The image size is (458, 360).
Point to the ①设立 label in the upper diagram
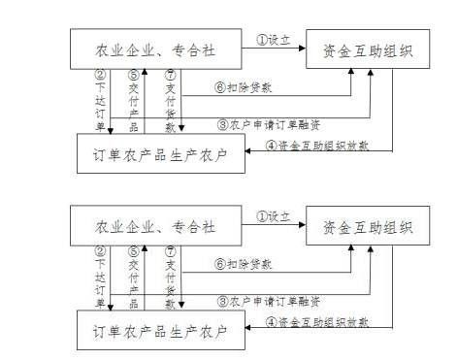click(275, 40)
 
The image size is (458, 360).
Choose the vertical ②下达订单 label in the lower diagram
click(99, 279)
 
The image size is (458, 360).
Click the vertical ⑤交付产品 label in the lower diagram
click(134, 279)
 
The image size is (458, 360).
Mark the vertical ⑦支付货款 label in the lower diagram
click(171, 279)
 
